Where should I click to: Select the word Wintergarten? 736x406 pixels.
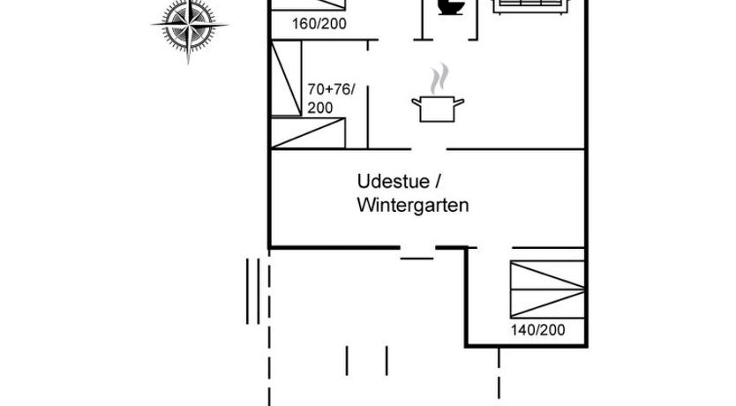coord(412,206)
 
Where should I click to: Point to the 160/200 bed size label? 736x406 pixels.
coord(319,24)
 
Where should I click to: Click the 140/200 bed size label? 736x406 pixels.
coord(537,331)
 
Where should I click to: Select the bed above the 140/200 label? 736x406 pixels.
coord(547,289)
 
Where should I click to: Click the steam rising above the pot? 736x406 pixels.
coord(437,79)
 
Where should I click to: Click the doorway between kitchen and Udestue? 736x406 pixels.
coord(432,149)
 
